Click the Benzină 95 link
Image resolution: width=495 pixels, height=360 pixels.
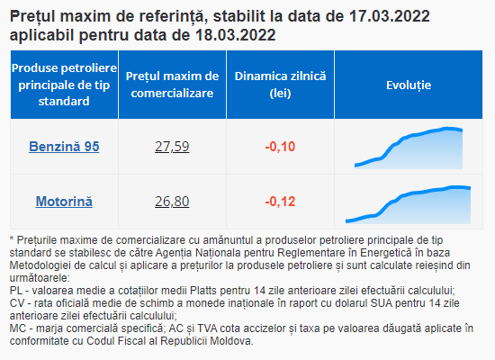[64, 147]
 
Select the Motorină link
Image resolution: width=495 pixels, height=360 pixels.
[64, 202]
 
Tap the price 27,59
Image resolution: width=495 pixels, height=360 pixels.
[172, 147]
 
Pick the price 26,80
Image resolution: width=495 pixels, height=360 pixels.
[172, 202]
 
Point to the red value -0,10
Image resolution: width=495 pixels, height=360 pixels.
[280, 147]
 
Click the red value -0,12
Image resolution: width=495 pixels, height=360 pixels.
[280, 202]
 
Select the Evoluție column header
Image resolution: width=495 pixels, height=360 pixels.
[409, 85]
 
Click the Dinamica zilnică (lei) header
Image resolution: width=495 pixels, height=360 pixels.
[280, 85]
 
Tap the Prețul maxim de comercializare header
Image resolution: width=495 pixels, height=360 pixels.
[172, 85]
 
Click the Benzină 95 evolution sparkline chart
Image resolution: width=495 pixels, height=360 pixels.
[409, 148]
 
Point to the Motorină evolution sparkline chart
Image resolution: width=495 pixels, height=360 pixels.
[409, 204]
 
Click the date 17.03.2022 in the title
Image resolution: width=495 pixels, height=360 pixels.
[389, 16]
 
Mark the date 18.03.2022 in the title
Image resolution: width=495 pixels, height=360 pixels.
[235, 35]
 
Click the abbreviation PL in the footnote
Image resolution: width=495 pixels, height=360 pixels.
[16, 291]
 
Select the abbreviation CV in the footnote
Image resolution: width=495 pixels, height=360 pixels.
[16, 303]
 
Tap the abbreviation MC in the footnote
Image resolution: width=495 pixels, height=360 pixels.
[17, 328]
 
